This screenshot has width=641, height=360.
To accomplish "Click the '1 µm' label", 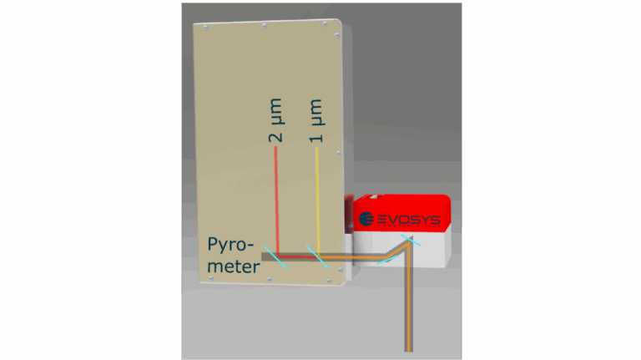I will coord(316,125).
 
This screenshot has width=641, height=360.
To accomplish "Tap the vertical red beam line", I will coord(277,200).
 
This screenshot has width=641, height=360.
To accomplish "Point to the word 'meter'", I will coord(234,266).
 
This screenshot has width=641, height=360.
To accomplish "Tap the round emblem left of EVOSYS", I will coord(366,220).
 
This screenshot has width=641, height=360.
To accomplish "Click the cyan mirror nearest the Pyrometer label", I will coord(275,256).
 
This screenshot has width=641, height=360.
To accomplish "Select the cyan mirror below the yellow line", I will coord(318,256).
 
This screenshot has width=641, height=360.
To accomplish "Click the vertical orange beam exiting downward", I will coord(409,309).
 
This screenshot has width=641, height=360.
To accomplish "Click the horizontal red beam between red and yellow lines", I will coord(296,256).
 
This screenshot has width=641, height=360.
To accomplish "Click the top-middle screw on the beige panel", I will coord(264,26).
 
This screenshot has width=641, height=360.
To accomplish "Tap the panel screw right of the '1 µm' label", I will coord(336,154).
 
